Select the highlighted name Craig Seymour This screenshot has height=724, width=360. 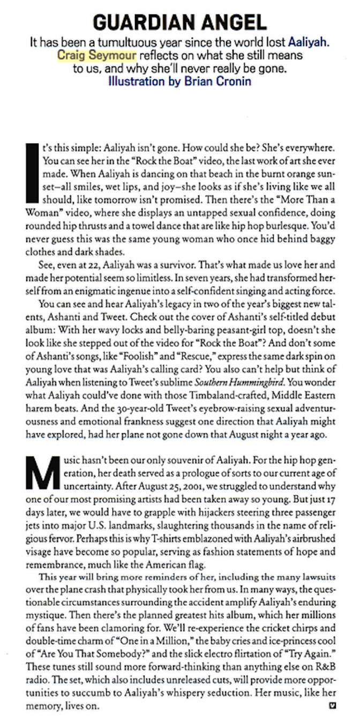[97, 55]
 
